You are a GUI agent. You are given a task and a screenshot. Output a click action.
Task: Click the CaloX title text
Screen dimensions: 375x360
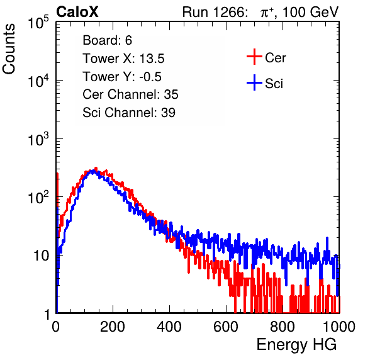point(77,12)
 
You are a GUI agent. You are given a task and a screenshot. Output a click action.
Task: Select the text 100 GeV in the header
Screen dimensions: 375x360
point(310,12)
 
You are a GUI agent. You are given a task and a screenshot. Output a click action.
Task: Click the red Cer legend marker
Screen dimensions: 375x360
point(254,57)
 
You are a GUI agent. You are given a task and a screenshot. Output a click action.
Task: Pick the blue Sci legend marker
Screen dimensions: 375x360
point(254,82)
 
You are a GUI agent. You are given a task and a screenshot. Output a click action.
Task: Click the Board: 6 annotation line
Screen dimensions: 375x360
point(107,40)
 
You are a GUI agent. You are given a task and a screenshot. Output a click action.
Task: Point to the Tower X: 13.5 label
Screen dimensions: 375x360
point(123,59)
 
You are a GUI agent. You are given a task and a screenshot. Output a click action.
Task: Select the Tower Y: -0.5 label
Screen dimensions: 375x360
point(122,77)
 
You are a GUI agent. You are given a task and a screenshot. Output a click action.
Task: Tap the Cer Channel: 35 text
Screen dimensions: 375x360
point(130,94)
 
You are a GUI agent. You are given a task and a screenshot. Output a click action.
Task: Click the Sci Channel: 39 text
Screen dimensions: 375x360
point(129,113)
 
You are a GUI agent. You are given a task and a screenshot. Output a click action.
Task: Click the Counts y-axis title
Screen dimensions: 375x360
point(9,49)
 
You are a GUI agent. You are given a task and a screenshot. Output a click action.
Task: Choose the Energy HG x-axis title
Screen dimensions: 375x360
point(296,345)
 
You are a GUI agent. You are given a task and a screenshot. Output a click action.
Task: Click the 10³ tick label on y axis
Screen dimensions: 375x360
point(38,139)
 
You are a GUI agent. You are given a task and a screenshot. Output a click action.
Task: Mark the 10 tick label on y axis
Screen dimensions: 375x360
point(42,256)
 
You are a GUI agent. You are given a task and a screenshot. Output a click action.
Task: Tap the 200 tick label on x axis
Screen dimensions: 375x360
point(113,327)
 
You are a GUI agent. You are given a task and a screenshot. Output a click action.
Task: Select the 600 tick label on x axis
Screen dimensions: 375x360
point(226,327)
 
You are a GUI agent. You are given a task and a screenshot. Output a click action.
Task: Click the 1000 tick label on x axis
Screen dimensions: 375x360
point(339,327)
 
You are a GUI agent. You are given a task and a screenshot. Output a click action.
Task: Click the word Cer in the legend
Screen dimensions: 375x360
point(275,58)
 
